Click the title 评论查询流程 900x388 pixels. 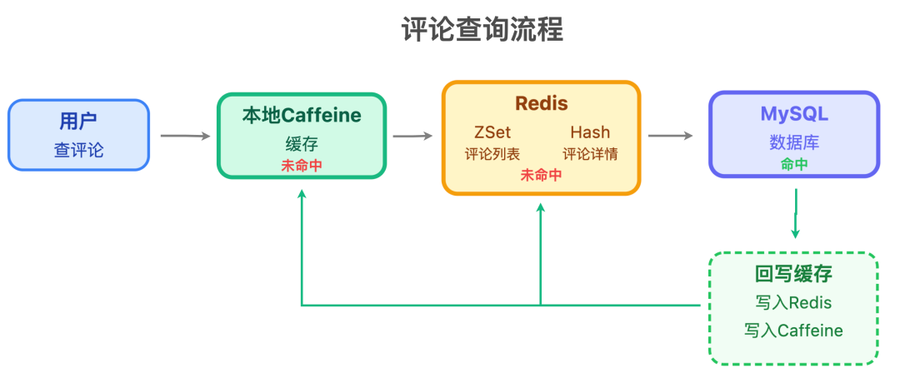[482, 30]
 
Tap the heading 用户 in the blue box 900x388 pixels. [78, 121]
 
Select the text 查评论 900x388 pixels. [78, 150]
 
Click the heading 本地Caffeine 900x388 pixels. [302, 115]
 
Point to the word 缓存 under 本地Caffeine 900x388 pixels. [302, 143]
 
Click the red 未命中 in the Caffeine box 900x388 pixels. [302, 165]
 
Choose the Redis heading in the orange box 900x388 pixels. [541, 103]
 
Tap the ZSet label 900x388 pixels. [492, 132]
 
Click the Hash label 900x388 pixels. [590, 132]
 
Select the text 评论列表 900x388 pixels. [492, 154]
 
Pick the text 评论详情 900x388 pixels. [590, 154]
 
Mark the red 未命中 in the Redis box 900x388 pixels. [541, 175]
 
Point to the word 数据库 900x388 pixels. [794, 142]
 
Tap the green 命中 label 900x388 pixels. [794, 164]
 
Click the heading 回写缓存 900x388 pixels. [793, 275]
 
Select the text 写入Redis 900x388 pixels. [793, 302]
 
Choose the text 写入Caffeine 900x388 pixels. [793, 331]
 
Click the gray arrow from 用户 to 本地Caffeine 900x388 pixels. [184, 135]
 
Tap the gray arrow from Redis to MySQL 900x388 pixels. [670, 135]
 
